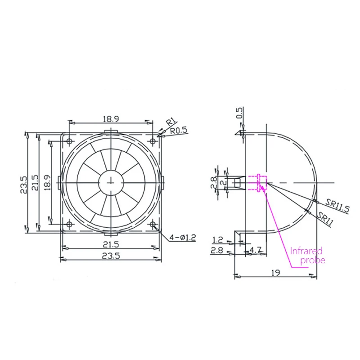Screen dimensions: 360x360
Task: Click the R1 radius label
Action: point(171,121)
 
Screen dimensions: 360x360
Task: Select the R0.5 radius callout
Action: point(179,130)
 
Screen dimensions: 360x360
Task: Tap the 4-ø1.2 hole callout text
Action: point(183,238)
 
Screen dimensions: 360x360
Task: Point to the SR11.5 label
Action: point(337,206)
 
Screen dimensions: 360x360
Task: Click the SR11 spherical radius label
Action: point(324,219)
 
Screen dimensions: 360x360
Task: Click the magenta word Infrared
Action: point(306,251)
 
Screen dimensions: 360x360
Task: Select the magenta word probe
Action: point(313,261)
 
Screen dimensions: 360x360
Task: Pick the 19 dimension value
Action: point(275,273)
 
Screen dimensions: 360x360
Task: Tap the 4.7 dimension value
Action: point(256,250)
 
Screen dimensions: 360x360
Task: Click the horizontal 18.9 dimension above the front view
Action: point(111,119)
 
